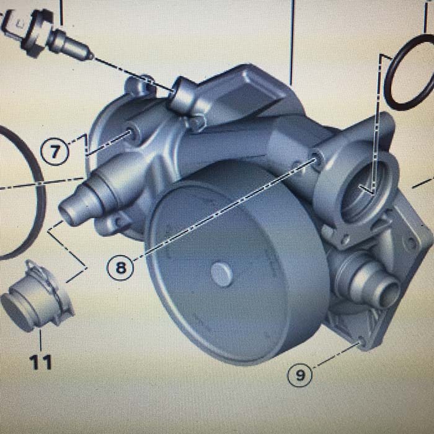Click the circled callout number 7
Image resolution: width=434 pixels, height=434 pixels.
(55, 152)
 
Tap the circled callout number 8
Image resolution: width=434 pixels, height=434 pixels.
(120, 267)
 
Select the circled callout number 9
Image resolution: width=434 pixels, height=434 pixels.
(300, 375)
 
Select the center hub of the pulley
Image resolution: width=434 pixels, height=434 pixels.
(222, 274)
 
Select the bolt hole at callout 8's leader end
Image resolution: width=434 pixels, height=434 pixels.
(316, 157)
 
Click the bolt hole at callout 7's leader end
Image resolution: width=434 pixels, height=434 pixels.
(132, 133)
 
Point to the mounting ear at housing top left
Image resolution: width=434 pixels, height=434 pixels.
(138, 86)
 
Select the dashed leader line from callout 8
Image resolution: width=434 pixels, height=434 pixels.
(224, 210)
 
